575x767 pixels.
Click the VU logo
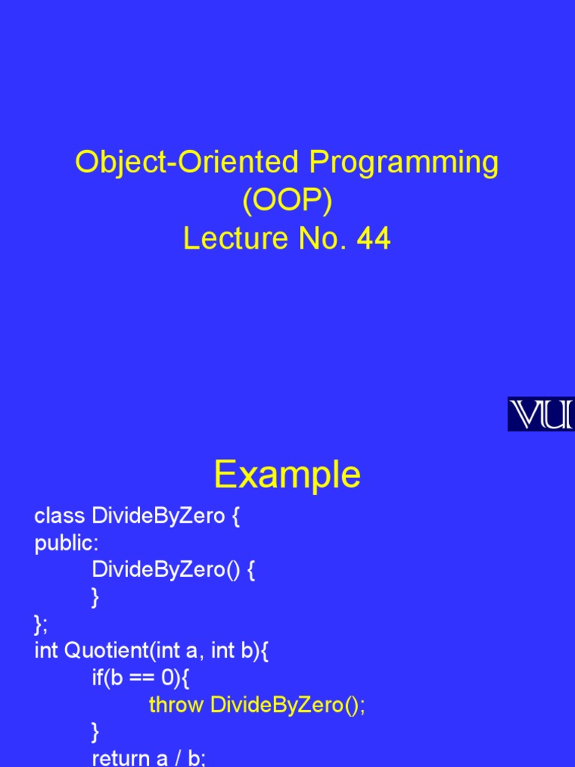(x=541, y=414)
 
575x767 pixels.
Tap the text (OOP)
(x=287, y=201)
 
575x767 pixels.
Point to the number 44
(x=374, y=239)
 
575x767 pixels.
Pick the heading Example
(x=287, y=474)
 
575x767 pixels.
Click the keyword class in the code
(x=59, y=516)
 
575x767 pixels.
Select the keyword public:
(x=67, y=543)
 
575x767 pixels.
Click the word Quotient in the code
(x=107, y=651)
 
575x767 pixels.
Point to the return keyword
(x=120, y=758)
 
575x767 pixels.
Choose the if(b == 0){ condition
(x=142, y=678)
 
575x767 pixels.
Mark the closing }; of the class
(x=40, y=624)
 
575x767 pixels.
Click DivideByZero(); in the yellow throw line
(x=288, y=705)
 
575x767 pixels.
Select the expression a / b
(x=186, y=758)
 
